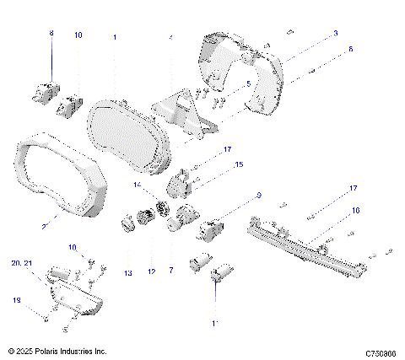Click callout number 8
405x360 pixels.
point(51,33)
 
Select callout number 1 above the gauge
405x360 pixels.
point(116,37)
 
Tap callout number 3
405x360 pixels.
point(335,33)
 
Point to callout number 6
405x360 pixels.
point(351,50)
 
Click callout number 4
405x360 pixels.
point(170,38)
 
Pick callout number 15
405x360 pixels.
point(239,164)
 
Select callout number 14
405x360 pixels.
point(138,184)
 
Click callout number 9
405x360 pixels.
point(258,196)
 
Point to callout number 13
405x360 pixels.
point(128,273)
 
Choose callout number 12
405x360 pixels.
point(153,271)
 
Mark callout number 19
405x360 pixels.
point(15,300)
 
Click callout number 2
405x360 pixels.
point(43,225)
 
